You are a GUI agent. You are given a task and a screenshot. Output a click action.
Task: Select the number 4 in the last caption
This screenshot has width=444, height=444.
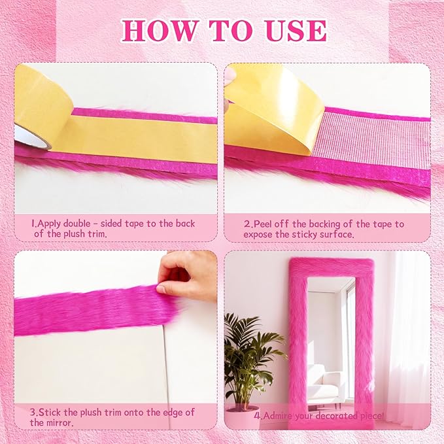click(x=258, y=416)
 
